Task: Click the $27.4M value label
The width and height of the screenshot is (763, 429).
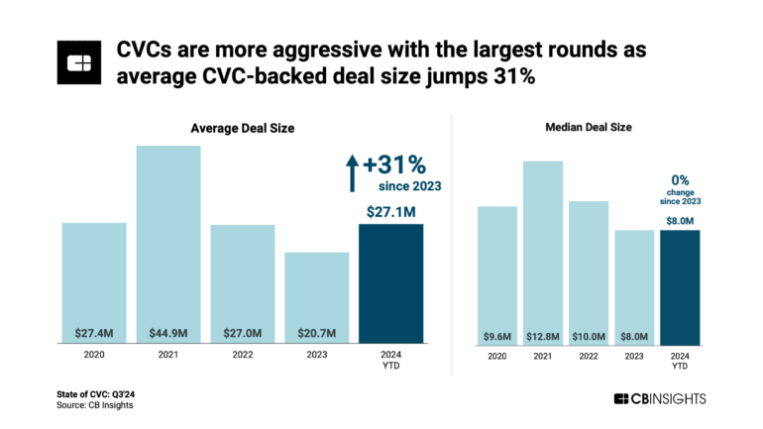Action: [94, 331]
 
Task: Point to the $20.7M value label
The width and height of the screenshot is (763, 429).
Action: [316, 331]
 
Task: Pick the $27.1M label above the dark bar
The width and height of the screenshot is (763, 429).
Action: [391, 211]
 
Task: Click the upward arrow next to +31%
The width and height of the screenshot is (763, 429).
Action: [350, 172]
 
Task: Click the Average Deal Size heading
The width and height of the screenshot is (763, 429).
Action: [243, 128]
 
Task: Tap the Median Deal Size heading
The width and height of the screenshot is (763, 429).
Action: [589, 128]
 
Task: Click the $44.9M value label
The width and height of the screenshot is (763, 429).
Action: [168, 331]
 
